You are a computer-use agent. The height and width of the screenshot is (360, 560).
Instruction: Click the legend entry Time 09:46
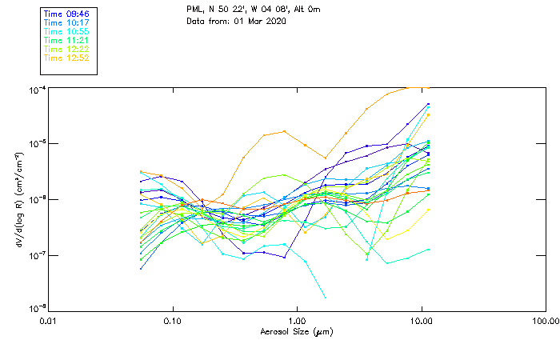click(x=66, y=14)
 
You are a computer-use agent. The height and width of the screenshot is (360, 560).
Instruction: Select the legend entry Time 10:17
click(x=66, y=22)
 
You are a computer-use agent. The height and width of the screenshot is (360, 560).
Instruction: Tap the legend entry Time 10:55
click(x=66, y=31)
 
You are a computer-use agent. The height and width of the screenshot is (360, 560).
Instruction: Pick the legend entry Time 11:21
click(x=66, y=40)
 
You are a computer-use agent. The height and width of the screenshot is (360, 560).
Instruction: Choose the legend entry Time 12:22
click(x=66, y=49)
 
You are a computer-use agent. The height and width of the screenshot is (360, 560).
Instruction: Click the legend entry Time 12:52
click(x=66, y=58)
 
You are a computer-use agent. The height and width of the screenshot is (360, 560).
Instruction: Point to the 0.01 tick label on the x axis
click(x=49, y=321)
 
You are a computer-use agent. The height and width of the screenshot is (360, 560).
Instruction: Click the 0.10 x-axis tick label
click(x=173, y=321)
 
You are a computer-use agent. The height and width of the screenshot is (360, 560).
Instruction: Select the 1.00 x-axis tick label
click(x=297, y=321)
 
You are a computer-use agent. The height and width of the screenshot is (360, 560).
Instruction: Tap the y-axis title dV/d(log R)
click(x=18, y=199)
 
